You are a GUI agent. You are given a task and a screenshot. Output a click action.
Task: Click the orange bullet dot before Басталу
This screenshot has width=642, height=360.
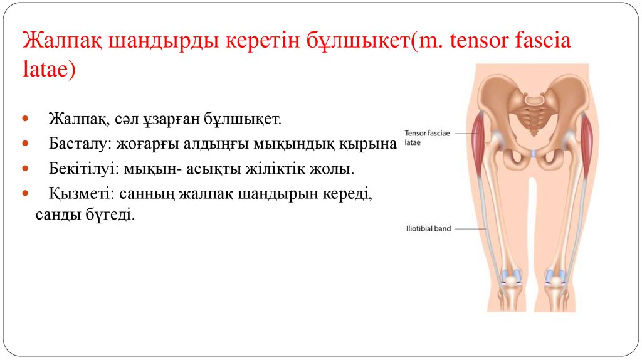25,144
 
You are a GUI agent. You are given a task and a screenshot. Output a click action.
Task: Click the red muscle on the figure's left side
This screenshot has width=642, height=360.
480,141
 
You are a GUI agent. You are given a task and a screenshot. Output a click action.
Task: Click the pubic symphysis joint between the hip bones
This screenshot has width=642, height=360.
534,153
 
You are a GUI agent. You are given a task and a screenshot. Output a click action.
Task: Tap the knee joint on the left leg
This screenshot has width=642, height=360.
512,279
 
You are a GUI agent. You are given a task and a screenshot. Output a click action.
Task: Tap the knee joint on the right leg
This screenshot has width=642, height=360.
556,279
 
